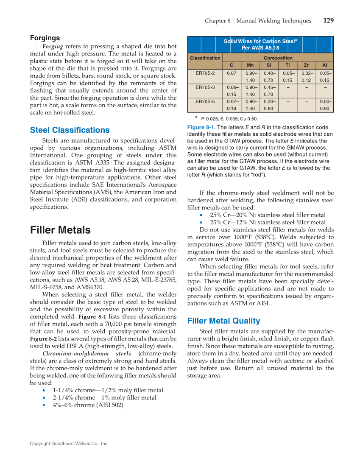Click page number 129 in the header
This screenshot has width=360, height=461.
(x=328, y=20)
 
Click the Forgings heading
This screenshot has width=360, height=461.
(x=45, y=38)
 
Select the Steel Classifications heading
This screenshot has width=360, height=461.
(x=70, y=130)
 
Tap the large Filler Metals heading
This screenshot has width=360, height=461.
(x=60, y=230)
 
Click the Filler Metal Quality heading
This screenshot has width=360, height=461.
(x=223, y=321)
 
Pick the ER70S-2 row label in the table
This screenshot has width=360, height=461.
(x=205, y=73)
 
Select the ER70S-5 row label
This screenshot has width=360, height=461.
(x=205, y=102)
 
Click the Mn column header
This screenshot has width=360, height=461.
(x=250, y=65)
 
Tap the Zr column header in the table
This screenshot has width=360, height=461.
(x=306, y=65)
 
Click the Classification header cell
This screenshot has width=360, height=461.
(x=205, y=58)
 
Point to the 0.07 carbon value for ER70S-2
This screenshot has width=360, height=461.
(x=232, y=73)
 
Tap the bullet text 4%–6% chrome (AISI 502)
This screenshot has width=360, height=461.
(x=88, y=405)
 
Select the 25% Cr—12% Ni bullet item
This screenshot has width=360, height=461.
(x=268, y=222)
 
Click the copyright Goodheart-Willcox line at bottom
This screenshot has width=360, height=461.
(x=69, y=444)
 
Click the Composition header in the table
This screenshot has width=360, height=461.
(x=278, y=58)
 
